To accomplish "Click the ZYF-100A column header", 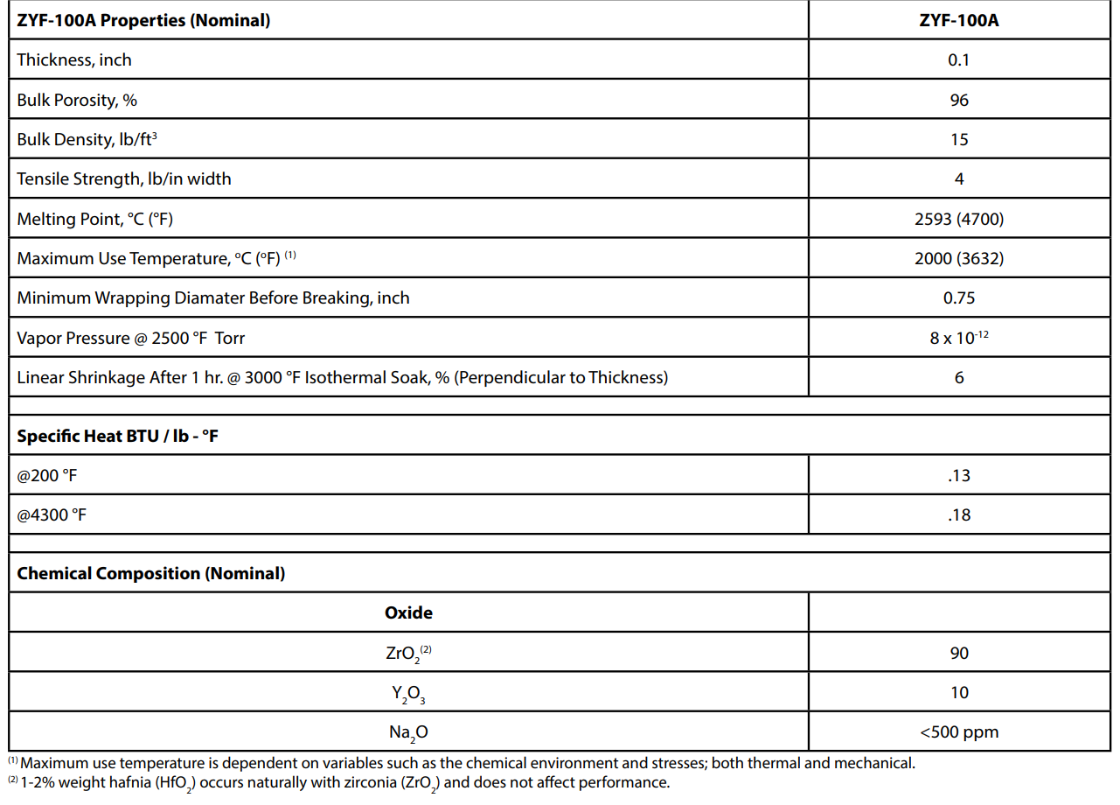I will tap(959, 21).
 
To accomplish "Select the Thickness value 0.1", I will tap(959, 60).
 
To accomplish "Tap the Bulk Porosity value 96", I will tap(959, 101).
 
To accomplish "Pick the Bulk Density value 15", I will tap(959, 140).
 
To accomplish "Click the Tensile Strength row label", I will tap(124, 179).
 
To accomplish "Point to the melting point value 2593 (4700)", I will tap(959, 220).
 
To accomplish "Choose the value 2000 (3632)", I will tap(959, 259).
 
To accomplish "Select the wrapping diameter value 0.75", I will tap(959, 298).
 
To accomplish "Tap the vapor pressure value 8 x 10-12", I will tap(959, 338).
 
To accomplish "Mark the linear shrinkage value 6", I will tap(959, 378).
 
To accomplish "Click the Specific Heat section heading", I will tap(117, 436).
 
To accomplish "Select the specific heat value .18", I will tap(959, 515).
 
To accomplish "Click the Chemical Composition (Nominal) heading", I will tap(151, 574).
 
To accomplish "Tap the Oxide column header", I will tap(408, 613).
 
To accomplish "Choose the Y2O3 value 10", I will tap(959, 693).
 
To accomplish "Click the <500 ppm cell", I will tap(959, 732).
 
